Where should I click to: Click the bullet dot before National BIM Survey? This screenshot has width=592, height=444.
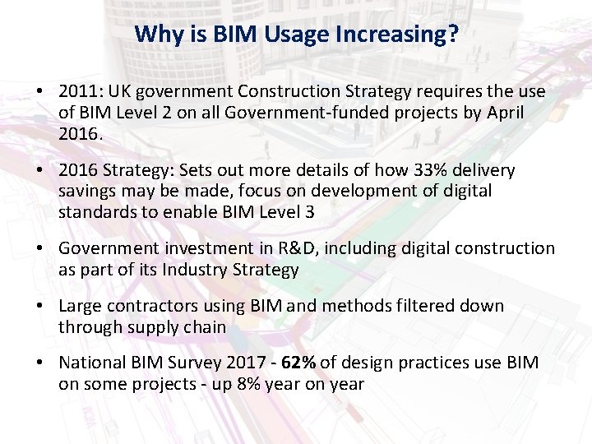pos(40,363)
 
